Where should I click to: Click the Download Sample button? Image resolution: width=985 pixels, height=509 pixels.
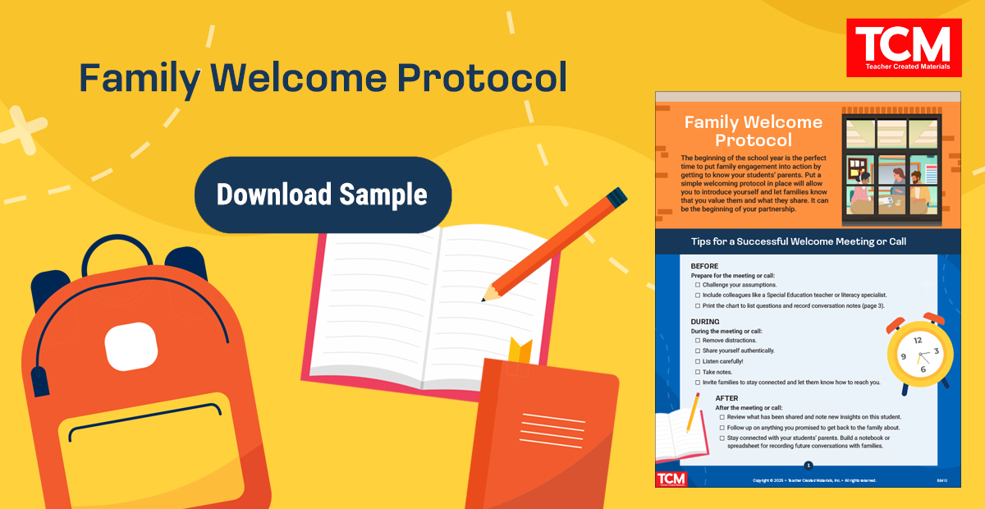[323, 195]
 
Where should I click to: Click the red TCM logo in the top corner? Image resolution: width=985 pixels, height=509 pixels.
[903, 46]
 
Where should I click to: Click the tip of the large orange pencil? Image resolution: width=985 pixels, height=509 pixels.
[487, 296]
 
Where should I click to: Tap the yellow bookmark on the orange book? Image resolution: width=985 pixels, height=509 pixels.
[520, 351]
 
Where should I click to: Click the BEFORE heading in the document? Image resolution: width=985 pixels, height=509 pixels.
[704, 266]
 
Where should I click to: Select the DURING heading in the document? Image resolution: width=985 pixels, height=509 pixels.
[705, 321]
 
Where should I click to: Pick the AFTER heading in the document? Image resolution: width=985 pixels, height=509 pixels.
[726, 398]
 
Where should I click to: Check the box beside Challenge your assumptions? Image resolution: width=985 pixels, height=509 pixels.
[698, 285]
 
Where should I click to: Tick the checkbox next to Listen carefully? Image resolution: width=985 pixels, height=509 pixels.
[698, 361]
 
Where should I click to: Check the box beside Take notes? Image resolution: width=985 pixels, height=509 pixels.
[698, 372]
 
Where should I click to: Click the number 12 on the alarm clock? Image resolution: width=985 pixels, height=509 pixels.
[917, 339]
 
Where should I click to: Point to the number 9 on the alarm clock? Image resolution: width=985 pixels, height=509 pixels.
[903, 356]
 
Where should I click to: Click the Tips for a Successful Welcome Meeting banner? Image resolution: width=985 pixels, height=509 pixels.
[808, 241]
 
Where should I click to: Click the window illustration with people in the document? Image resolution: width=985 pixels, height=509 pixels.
[892, 168]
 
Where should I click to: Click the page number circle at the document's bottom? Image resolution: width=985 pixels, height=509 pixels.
[808, 465]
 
